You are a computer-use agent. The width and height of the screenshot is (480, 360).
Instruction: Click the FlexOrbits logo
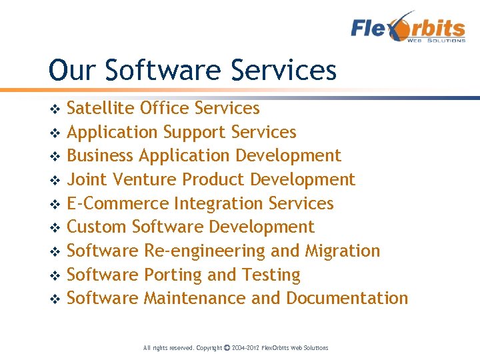[408, 27]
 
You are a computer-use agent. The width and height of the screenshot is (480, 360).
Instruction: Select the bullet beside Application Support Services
[55, 133]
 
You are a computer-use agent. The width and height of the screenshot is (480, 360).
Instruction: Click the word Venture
[145, 179]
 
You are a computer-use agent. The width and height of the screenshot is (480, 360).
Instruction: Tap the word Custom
[97, 227]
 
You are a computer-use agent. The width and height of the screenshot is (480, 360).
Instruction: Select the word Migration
[342, 251]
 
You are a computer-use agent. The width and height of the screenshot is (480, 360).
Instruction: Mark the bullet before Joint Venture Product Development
[55, 180]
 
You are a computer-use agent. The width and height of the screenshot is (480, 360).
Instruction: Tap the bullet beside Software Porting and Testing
[55, 275]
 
